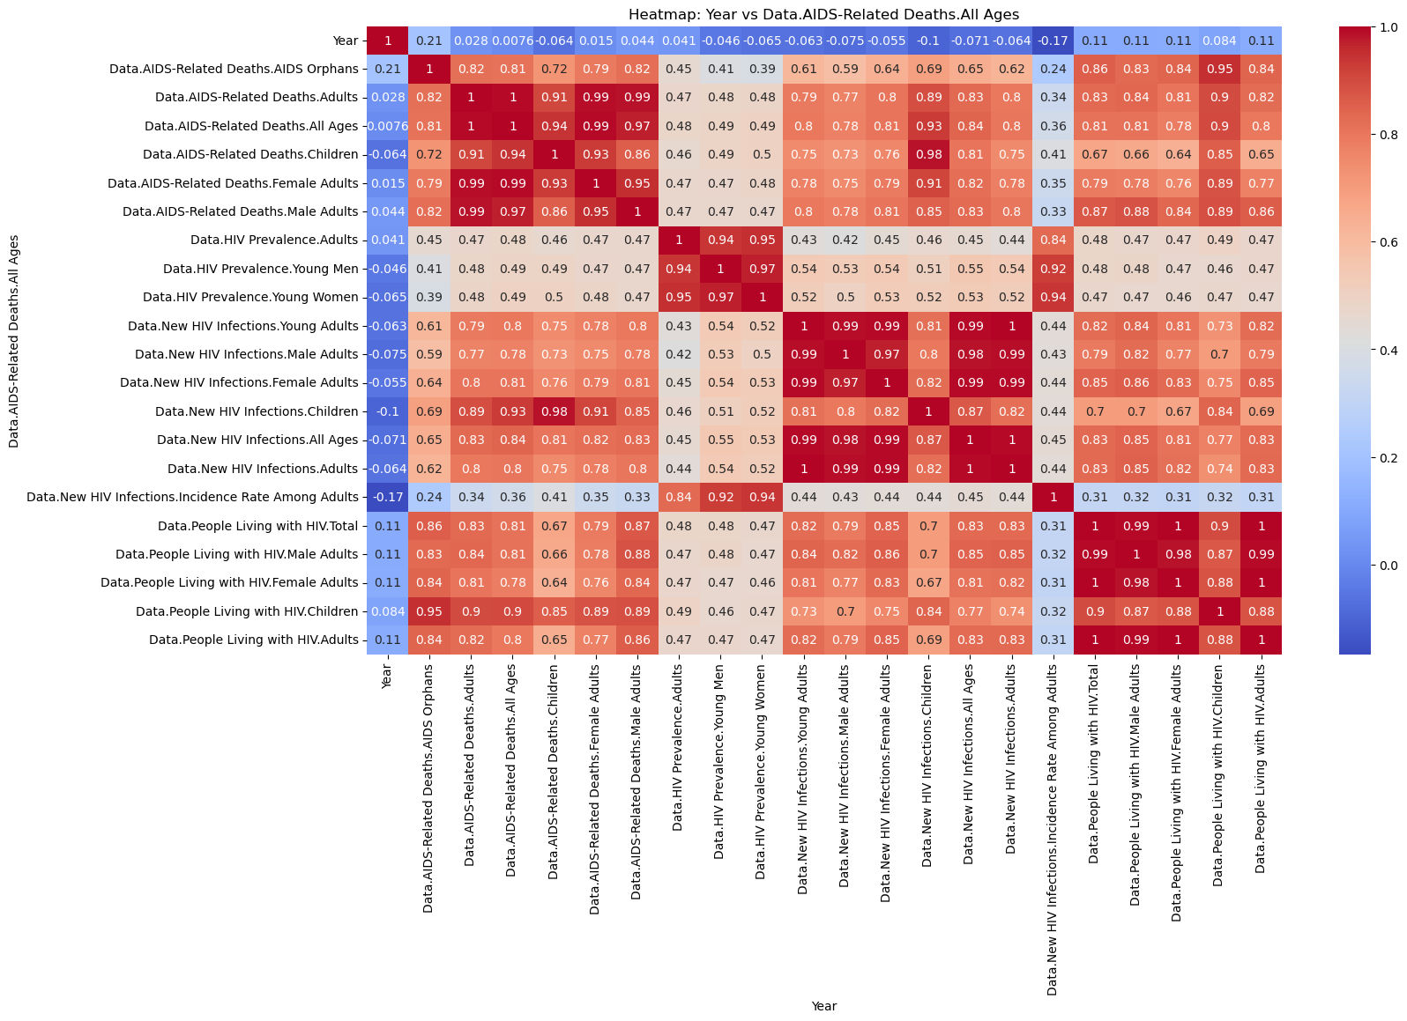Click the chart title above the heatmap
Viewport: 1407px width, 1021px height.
[823, 14]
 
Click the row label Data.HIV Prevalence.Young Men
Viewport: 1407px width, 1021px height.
[261, 269]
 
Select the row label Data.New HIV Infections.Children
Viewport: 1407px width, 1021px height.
[257, 411]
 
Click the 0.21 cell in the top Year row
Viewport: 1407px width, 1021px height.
[429, 41]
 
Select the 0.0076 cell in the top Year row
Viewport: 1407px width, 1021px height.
[512, 41]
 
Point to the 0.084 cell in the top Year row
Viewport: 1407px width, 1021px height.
[1219, 41]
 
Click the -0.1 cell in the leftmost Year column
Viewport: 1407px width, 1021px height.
[388, 411]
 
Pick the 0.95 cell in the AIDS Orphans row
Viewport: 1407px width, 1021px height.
[1219, 69]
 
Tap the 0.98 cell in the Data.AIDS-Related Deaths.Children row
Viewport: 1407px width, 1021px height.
[928, 154]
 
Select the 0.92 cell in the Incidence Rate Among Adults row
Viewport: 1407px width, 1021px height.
[720, 497]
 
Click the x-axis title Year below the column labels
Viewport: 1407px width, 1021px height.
[823, 1006]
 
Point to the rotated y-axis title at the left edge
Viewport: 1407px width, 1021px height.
[14, 341]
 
